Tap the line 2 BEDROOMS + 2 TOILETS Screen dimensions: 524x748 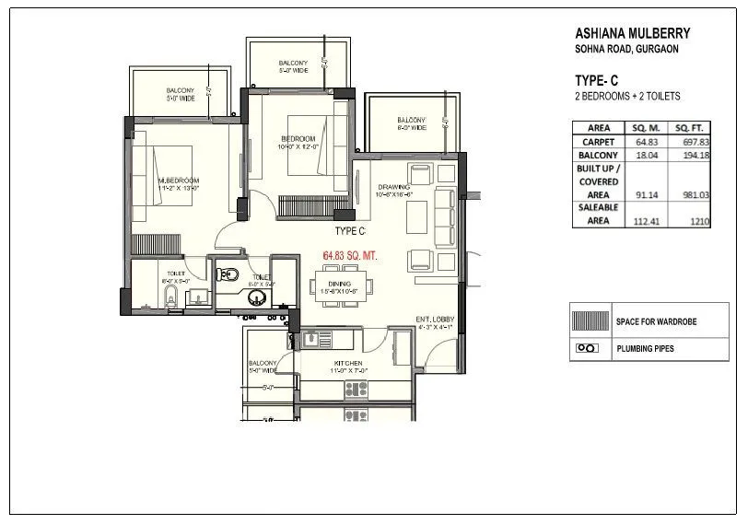(626, 96)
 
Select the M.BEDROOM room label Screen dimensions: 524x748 (178, 180)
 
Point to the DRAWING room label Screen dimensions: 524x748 (394, 187)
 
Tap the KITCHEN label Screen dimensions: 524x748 (346, 364)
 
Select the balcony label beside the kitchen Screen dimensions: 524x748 (263, 363)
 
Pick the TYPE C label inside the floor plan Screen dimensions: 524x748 (350, 230)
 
